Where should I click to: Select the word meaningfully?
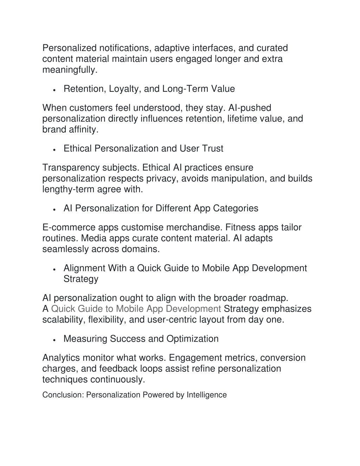(x=69, y=70)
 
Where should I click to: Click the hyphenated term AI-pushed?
(x=250, y=108)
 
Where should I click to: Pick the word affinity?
(x=84, y=130)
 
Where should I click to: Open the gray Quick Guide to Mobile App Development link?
(x=136, y=309)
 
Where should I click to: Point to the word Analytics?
(x=60, y=358)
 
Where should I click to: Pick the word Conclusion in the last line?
(x=62, y=395)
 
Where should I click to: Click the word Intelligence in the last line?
(x=206, y=395)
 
